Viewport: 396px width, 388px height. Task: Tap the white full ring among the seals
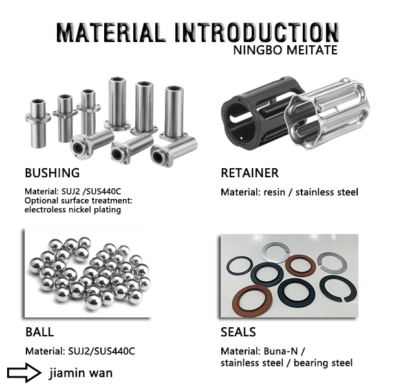coord(280,253)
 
